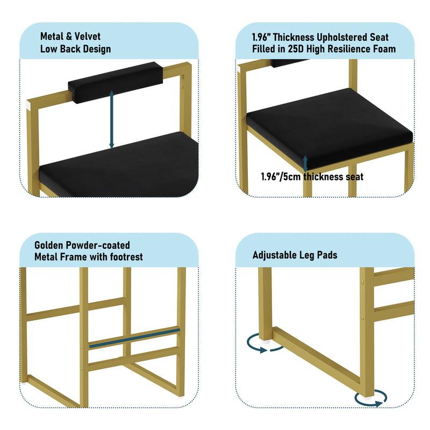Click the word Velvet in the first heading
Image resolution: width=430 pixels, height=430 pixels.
tap(88, 36)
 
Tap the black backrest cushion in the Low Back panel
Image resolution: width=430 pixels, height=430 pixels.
tap(116, 82)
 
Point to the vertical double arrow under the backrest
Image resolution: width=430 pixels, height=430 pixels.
tap(112, 119)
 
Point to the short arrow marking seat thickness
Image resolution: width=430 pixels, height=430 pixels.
tap(305, 164)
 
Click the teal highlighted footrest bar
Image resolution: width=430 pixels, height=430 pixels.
tap(135, 339)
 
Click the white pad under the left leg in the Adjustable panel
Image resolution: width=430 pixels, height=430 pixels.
tap(265, 342)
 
